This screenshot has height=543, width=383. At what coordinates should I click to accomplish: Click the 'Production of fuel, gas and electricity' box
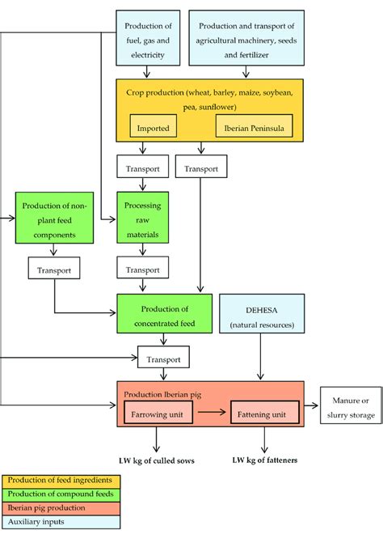147,37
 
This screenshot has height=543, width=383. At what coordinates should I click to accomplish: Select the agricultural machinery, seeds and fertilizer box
246,37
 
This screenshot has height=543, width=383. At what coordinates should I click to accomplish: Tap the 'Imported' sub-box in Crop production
153,128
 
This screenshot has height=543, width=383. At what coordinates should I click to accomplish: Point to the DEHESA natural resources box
261,315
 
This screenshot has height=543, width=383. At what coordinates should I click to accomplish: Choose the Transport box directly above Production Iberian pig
164,357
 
